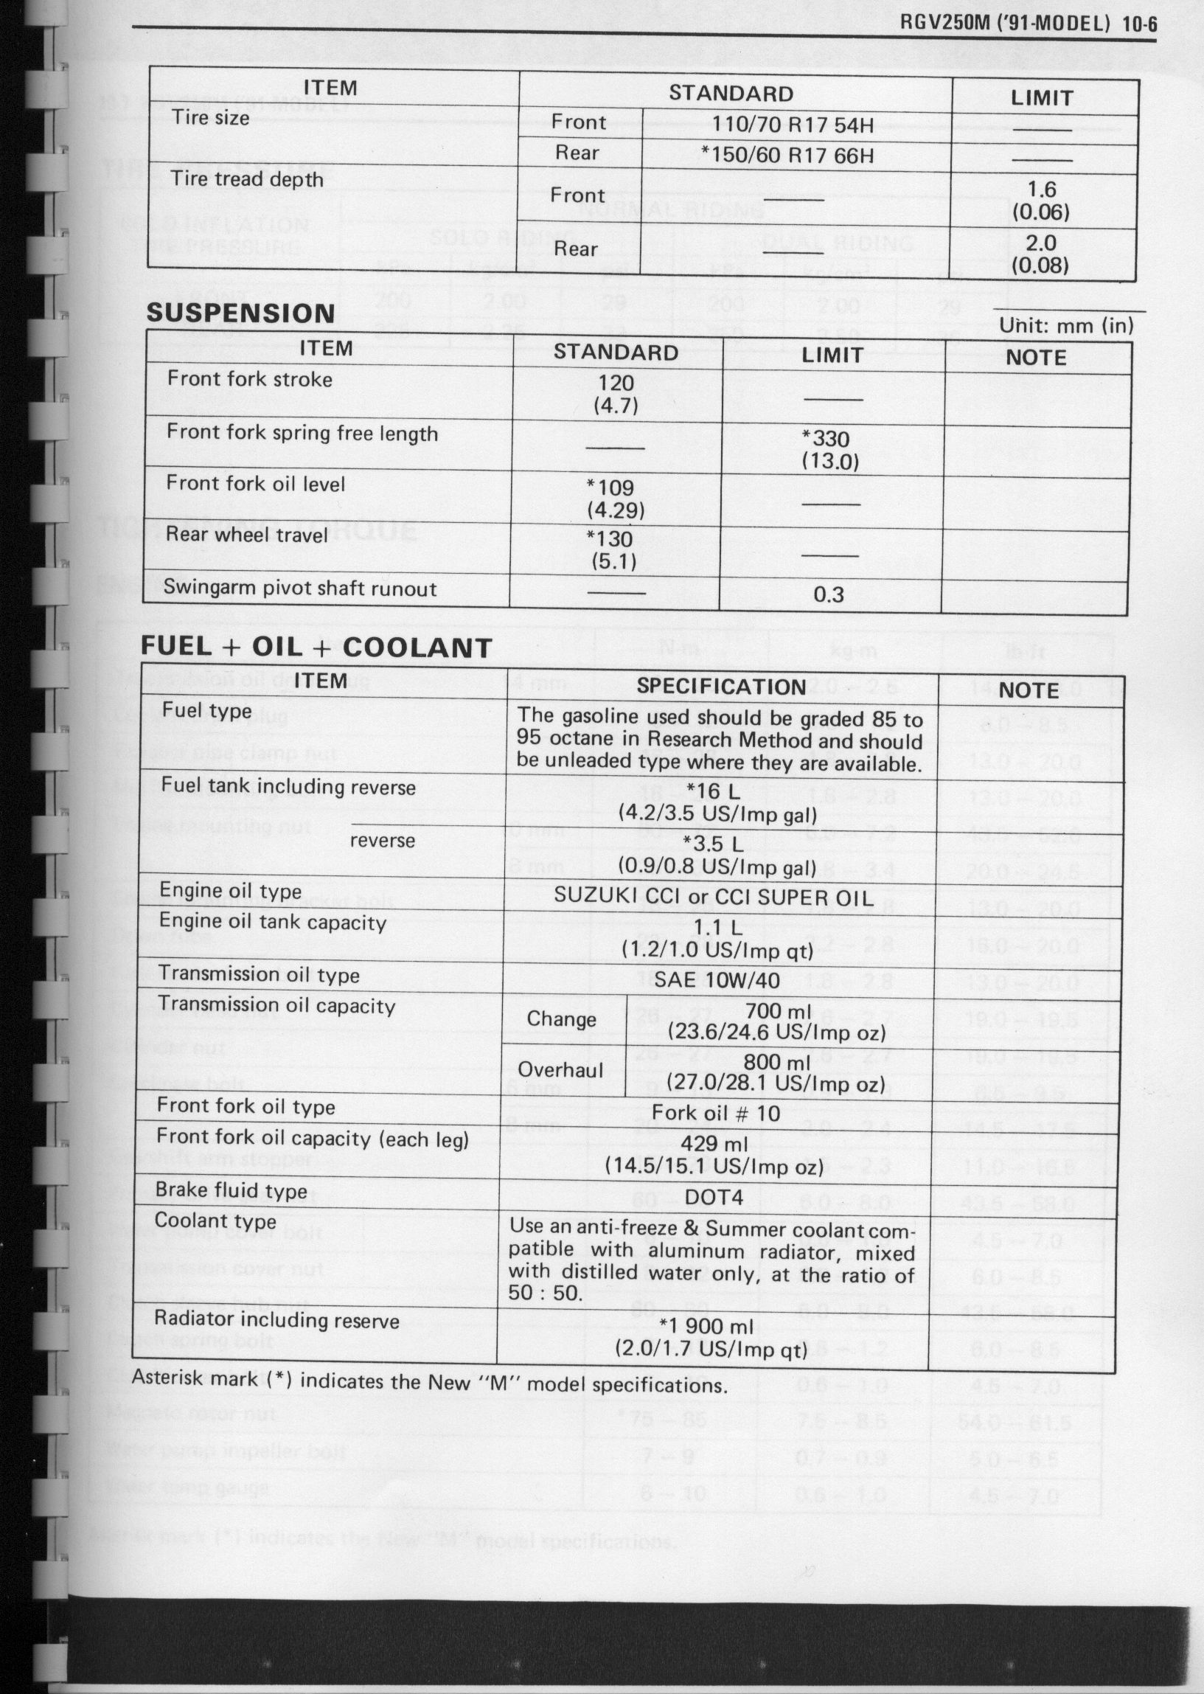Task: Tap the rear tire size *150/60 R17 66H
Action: pos(787,155)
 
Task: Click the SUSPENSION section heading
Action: pos(240,313)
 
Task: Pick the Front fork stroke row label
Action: pos(250,379)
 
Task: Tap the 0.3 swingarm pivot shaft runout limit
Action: pos(828,594)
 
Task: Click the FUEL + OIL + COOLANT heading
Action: pos(316,648)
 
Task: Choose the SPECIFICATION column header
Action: pos(720,687)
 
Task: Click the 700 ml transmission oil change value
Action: pos(774,1010)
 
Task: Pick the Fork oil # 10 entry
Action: pos(715,1113)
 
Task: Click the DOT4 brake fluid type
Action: pos(714,1196)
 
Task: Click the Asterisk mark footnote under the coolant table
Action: pos(429,1382)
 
